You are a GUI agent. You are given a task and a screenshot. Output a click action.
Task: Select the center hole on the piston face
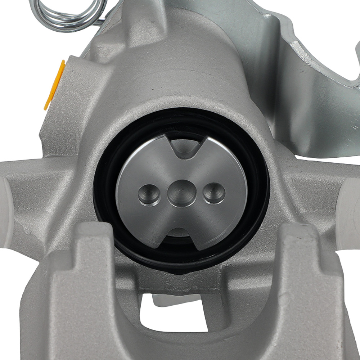[x=181, y=193]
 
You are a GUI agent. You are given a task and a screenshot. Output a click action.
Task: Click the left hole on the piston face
[x=149, y=194]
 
